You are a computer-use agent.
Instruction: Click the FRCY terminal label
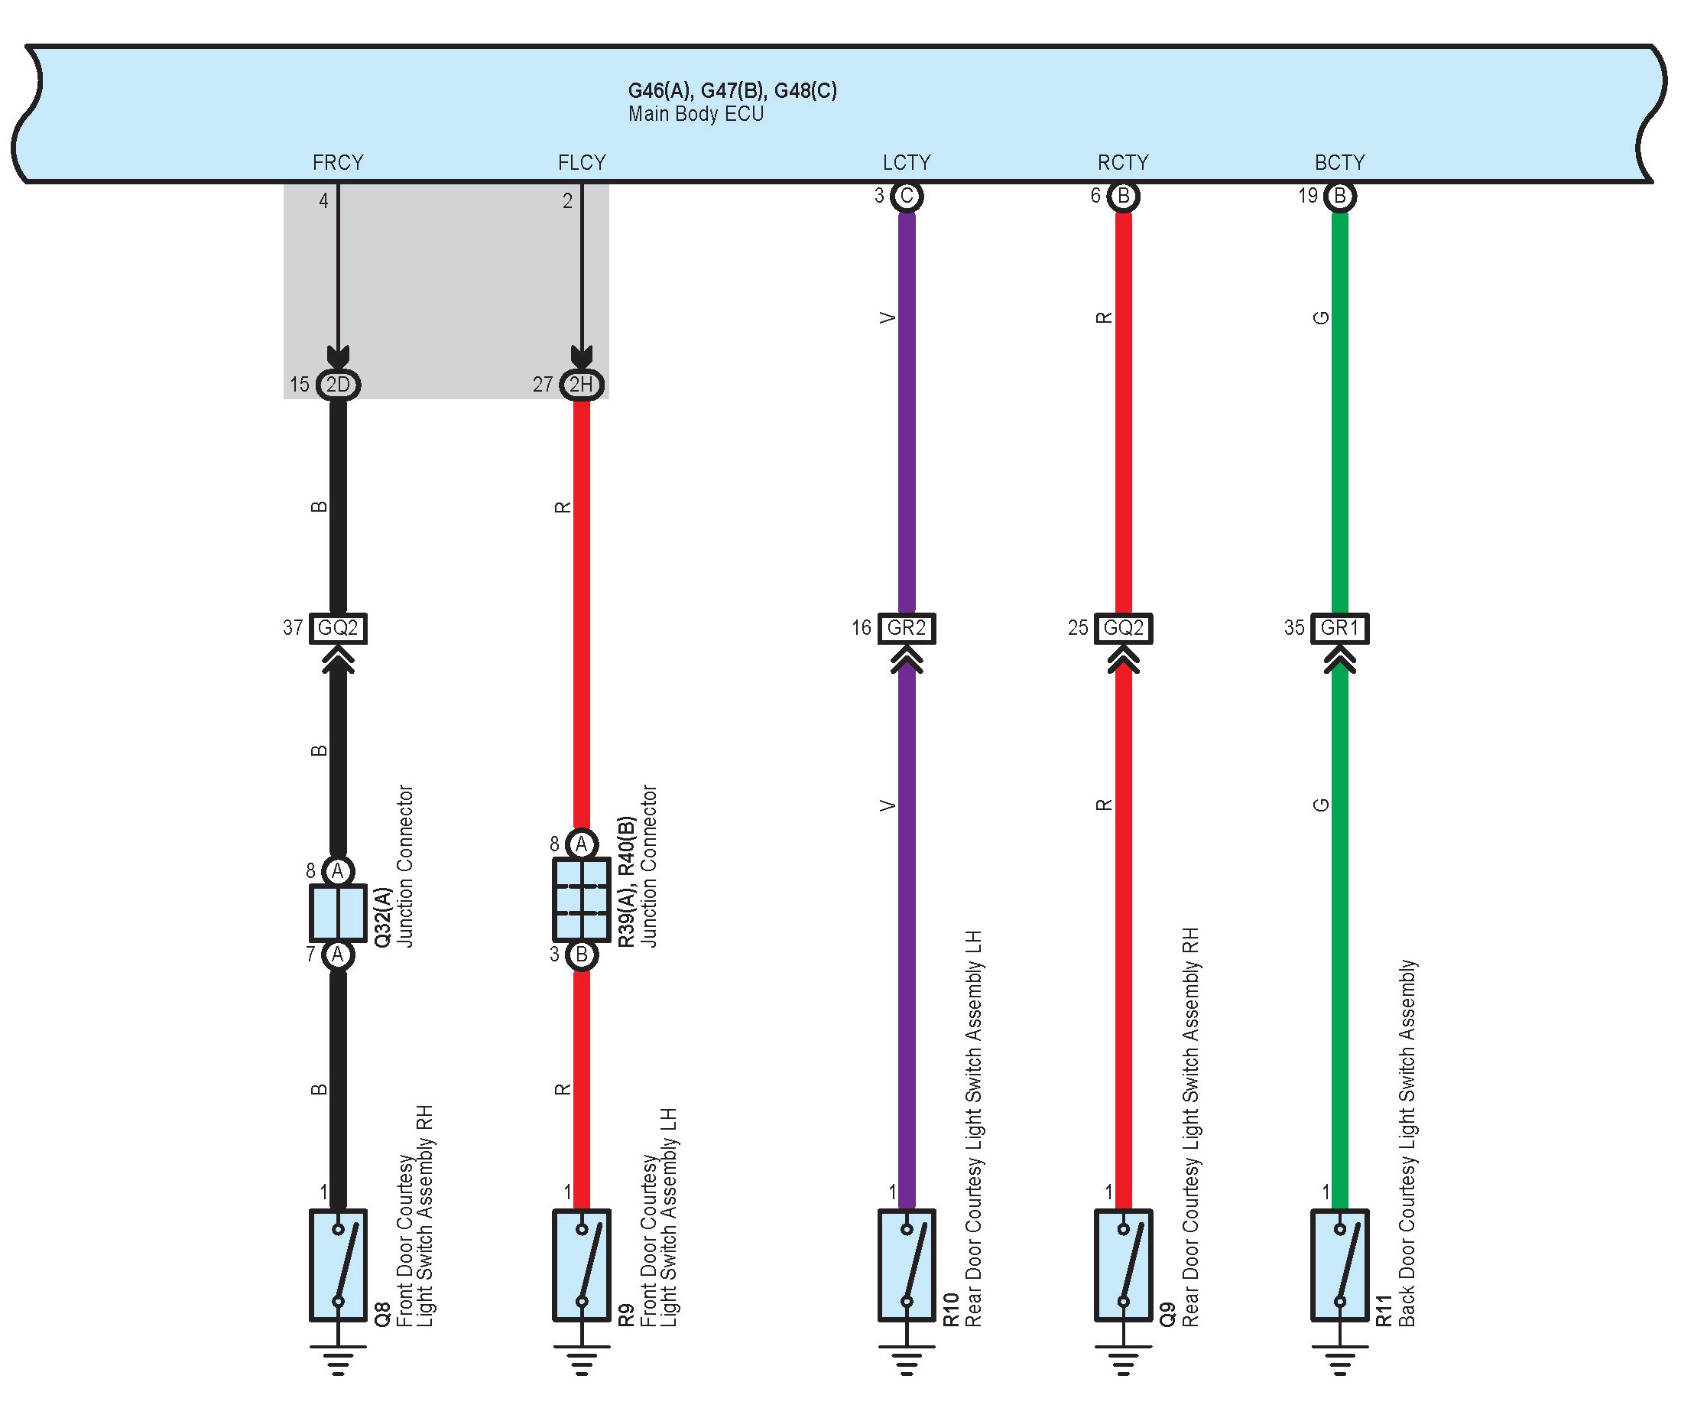coord(338,162)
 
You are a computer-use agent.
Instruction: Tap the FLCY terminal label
coord(582,162)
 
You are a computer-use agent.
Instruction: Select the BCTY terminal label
coord(1340,162)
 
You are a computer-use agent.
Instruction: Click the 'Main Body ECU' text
coord(696,114)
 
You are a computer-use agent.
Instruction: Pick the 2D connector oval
coord(338,384)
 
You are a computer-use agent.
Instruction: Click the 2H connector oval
coord(582,384)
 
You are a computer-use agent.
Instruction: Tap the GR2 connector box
coord(907,628)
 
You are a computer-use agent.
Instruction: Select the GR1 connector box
coord(1340,628)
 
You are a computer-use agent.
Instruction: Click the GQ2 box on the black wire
coord(338,628)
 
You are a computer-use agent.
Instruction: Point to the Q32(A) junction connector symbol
coord(338,913)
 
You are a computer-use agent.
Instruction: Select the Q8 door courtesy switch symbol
coord(338,1264)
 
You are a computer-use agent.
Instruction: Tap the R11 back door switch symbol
coord(1340,1264)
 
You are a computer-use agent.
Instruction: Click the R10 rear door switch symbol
coord(907,1264)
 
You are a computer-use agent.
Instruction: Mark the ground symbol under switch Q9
coord(1123,1360)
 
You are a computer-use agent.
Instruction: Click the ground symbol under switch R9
coord(582,1360)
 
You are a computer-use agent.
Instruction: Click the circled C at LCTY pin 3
coord(907,196)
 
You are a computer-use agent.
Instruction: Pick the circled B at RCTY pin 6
coord(1123,196)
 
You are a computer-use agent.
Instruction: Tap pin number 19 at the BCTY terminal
coord(1308,196)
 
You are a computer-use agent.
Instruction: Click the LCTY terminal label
coord(907,162)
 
